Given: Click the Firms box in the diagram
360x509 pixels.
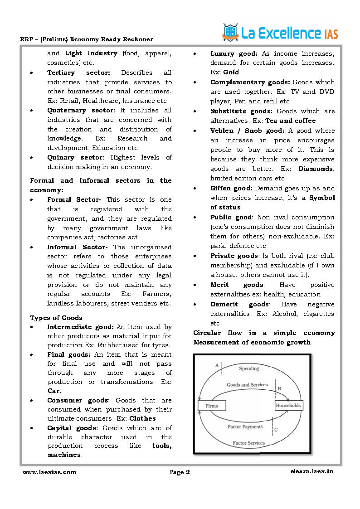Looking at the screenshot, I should point(212,406).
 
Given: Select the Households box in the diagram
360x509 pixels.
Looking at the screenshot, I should point(288,405).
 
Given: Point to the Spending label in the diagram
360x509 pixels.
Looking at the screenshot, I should point(249,368).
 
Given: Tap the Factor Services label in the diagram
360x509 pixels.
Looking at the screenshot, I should point(248,442).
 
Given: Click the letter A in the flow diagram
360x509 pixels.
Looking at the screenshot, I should point(217,365).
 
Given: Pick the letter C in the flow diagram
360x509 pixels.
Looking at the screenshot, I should point(276,429).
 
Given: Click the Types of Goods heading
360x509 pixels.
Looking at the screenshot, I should point(56,318).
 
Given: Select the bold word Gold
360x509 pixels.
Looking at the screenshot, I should point(231,72).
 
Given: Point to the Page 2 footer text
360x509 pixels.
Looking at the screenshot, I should point(180,472).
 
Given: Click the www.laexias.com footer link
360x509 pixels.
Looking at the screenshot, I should point(49,472).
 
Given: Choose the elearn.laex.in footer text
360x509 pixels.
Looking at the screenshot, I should point(311,471).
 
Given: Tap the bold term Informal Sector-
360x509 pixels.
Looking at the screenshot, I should point(78,247).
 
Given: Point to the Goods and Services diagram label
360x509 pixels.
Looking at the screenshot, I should point(247,385).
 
